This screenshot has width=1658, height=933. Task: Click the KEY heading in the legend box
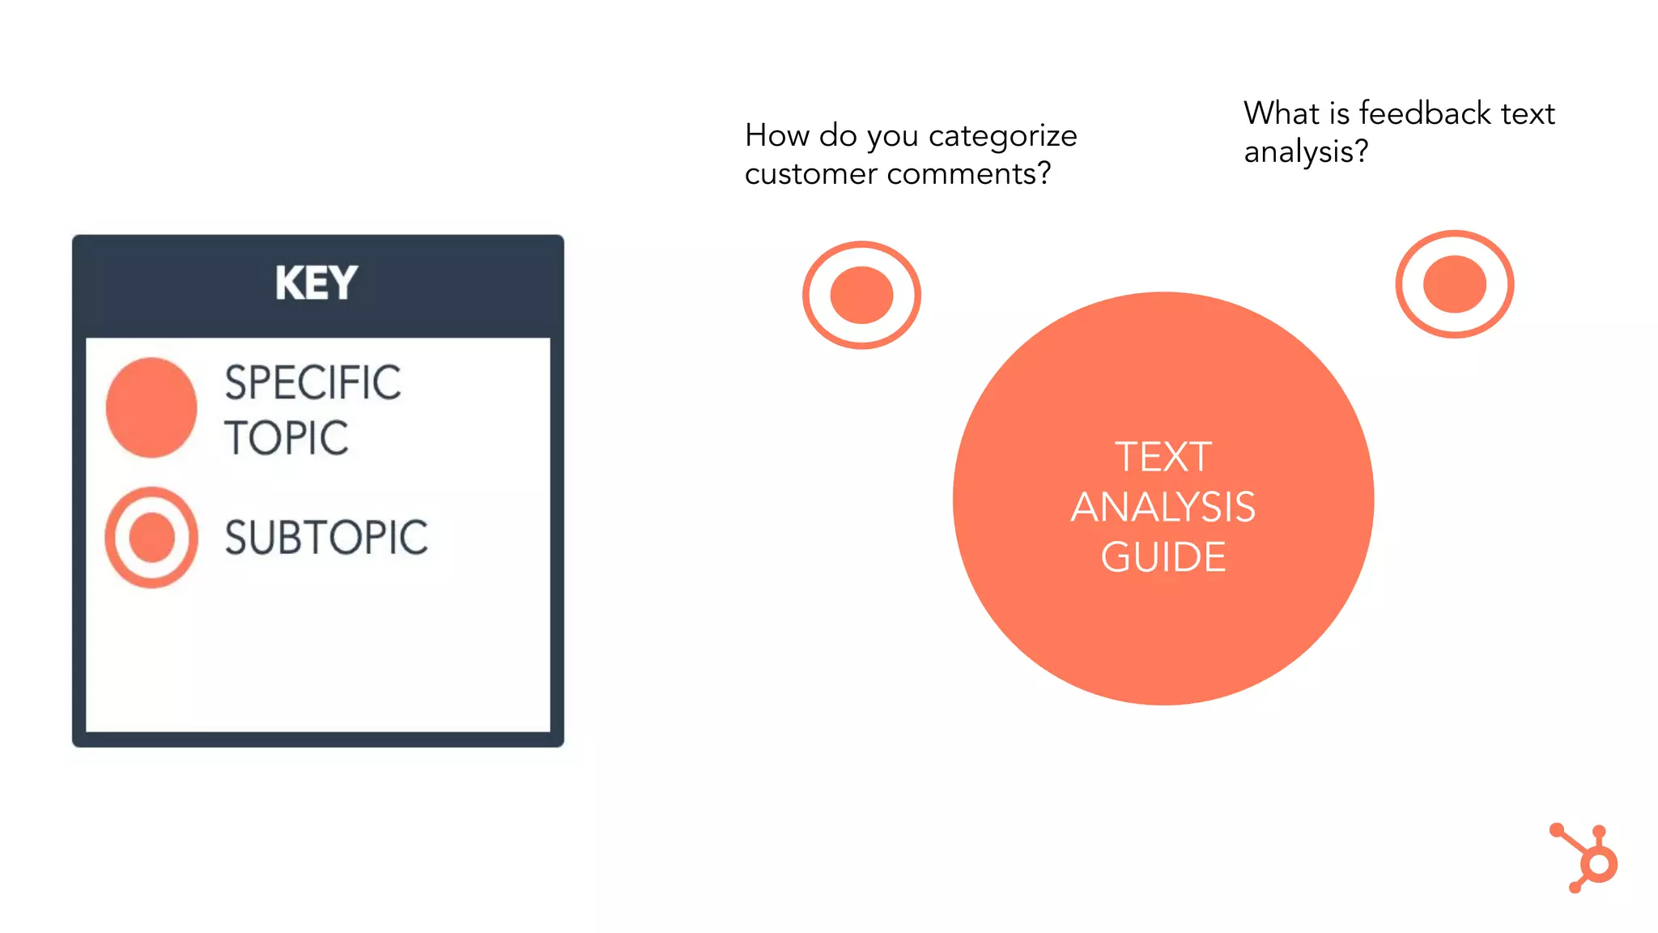[x=316, y=283]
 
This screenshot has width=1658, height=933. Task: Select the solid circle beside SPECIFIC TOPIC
[x=151, y=407]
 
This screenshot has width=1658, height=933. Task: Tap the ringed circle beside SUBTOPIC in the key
[x=151, y=537]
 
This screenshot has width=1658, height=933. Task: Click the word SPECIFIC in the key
[x=312, y=382]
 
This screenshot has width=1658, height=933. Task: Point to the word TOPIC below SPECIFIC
[x=287, y=438]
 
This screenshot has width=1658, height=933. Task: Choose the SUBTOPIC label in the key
[x=326, y=537]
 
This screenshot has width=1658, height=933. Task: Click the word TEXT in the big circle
[x=1163, y=457]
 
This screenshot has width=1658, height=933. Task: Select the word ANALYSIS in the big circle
[x=1163, y=507]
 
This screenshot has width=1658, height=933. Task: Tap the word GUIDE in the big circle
[x=1163, y=557]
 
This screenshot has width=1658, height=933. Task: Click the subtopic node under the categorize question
[x=861, y=295]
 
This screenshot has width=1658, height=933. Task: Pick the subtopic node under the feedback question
[x=1454, y=284]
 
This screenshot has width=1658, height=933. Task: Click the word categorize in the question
[x=1002, y=136]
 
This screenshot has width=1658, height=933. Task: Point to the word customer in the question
[x=810, y=173]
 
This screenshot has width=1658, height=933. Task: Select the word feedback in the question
[x=1425, y=113]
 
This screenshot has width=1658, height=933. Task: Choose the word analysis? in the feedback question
[x=1306, y=151]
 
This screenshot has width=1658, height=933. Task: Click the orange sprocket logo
[x=1587, y=858]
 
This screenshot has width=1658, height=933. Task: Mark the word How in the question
[x=777, y=135]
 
